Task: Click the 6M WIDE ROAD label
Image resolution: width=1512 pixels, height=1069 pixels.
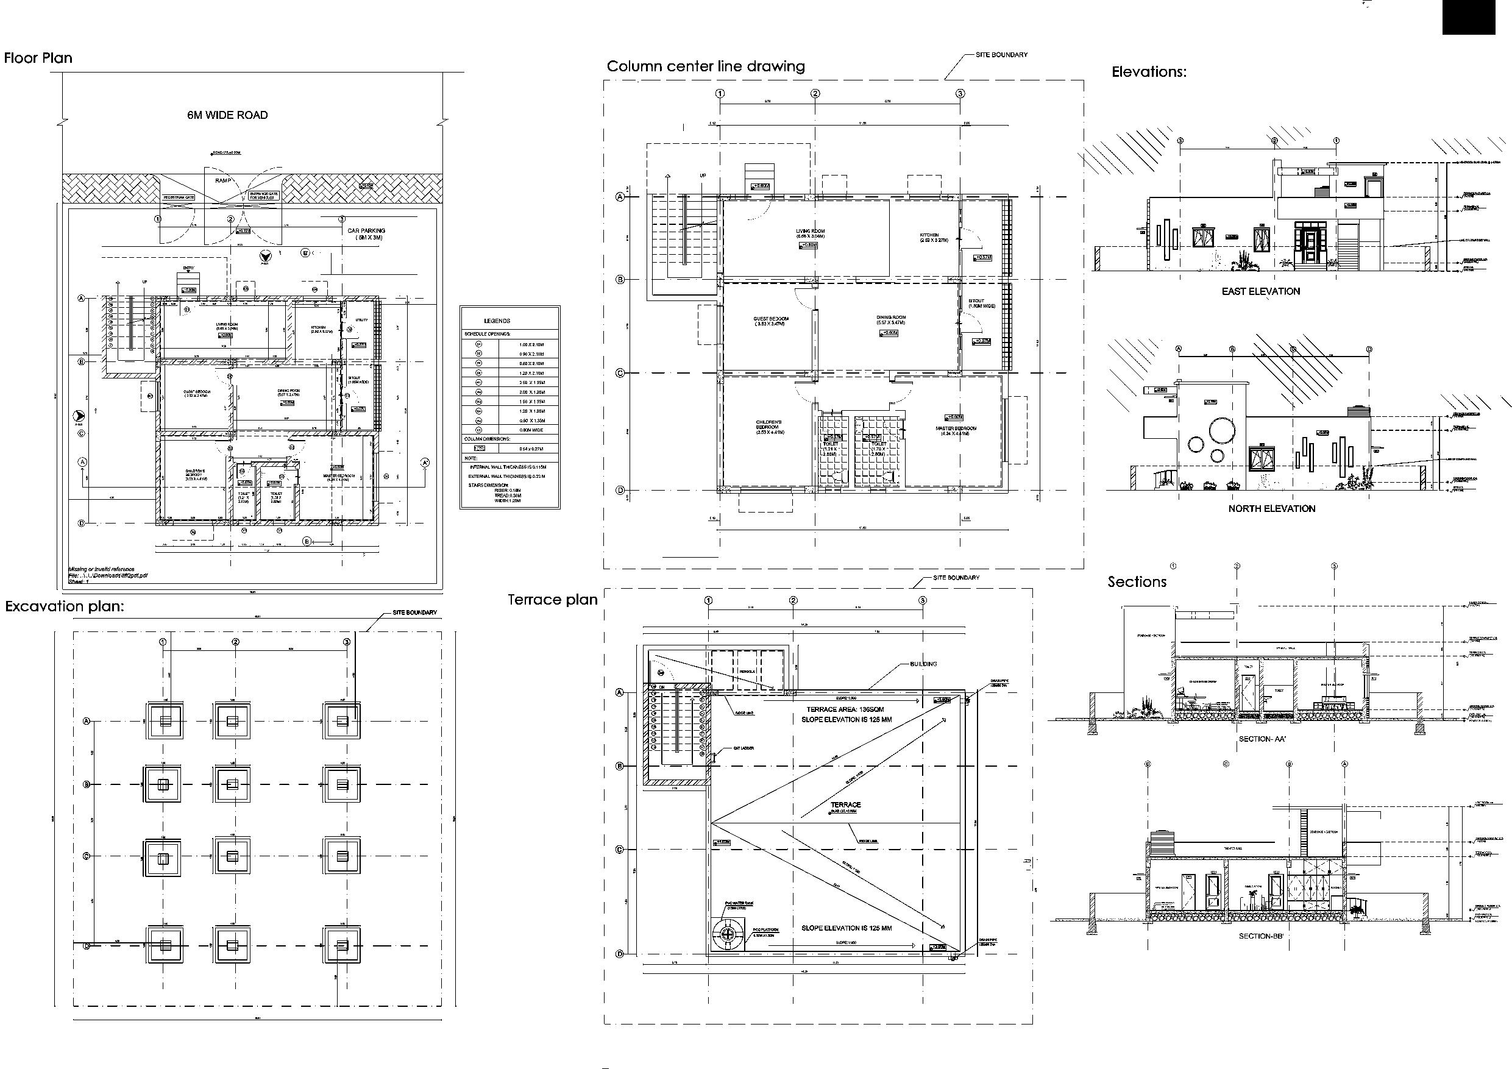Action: click(x=227, y=115)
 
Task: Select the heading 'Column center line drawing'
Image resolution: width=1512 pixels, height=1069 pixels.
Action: click(x=705, y=66)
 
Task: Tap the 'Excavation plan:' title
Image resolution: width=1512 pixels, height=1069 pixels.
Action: click(x=65, y=606)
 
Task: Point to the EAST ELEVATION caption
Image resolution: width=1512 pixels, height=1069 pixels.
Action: click(x=1260, y=291)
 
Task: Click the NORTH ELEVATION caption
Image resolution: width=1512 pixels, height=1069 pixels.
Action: click(x=1271, y=508)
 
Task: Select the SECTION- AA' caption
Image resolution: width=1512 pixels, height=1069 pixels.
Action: click(x=1262, y=739)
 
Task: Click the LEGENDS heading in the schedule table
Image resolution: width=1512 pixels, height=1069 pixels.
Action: click(x=497, y=321)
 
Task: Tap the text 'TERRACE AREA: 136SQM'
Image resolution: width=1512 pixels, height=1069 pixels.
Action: click(x=845, y=709)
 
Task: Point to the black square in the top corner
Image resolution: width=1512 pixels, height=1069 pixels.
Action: click(x=1477, y=17)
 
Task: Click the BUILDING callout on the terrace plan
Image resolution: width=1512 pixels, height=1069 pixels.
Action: click(x=923, y=664)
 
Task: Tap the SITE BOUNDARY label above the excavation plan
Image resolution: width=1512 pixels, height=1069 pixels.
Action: click(x=414, y=613)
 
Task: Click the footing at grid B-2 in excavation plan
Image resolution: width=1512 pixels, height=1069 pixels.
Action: click(x=232, y=784)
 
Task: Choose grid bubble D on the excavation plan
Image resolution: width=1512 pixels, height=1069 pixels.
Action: click(x=87, y=946)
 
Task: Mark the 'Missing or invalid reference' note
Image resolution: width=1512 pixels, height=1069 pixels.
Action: click(x=102, y=569)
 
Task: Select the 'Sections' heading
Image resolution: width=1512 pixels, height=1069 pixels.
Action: click(x=1137, y=581)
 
